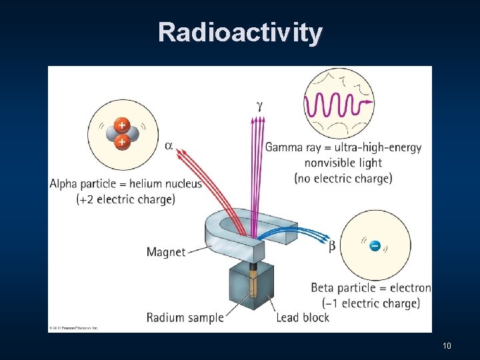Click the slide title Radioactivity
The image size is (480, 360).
point(240,33)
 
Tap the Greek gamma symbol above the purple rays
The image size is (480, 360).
point(259,105)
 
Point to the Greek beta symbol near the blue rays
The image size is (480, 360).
point(332,246)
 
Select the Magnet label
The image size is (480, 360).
point(166,252)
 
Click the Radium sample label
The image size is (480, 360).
point(185,317)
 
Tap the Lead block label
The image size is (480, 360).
point(302,317)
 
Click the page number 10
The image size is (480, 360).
point(447,345)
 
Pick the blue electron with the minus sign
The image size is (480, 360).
point(375,247)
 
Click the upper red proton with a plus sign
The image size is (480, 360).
point(121,125)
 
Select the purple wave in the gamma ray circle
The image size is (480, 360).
point(337,103)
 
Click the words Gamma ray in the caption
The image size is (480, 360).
point(293,147)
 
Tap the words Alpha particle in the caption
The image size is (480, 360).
point(83,184)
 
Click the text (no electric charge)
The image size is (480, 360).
point(343,178)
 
